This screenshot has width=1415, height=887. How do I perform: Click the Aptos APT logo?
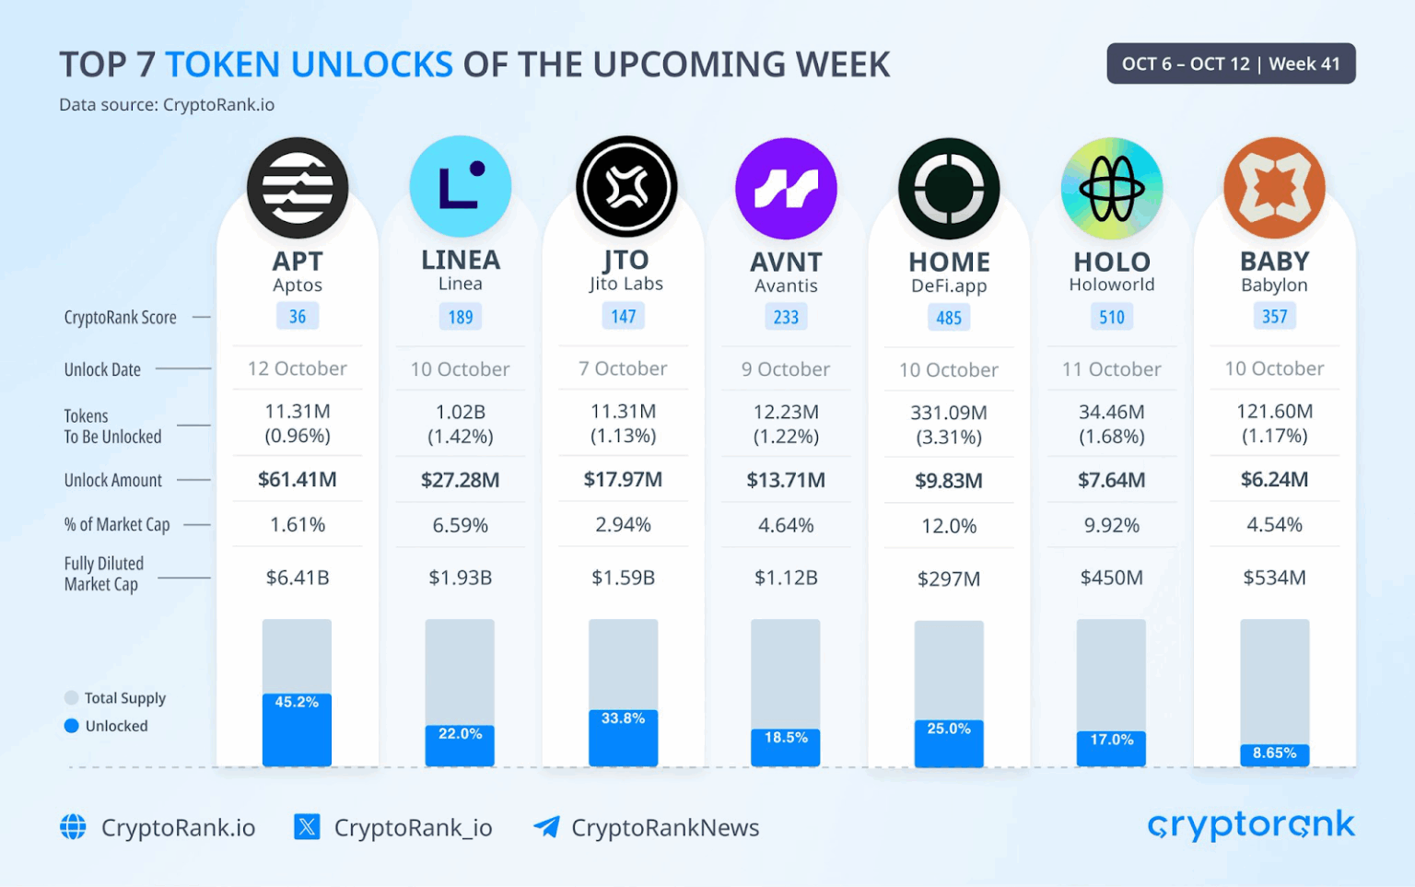pyautogui.click(x=298, y=188)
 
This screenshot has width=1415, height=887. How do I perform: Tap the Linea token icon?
pyautogui.click(x=461, y=186)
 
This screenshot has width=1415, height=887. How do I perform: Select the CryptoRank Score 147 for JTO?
pyautogui.click(x=624, y=317)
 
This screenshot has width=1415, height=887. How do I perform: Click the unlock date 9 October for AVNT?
pyautogui.click(x=786, y=369)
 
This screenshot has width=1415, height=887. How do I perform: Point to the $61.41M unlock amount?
pyautogui.click(x=298, y=480)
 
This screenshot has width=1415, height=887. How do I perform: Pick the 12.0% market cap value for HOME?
pyautogui.click(x=949, y=526)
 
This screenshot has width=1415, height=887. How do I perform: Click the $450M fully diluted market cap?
pyautogui.click(x=1112, y=578)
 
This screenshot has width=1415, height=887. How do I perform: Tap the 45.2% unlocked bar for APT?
pyautogui.click(x=297, y=729)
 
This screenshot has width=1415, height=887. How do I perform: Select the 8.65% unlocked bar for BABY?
pyautogui.click(x=1275, y=754)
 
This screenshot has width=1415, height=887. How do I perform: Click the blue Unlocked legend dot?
pyautogui.click(x=72, y=726)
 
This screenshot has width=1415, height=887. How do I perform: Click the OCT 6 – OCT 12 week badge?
pyautogui.click(x=1231, y=64)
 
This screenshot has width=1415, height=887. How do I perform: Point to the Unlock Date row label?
pyautogui.click(x=102, y=369)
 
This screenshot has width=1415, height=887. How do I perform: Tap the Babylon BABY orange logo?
pyautogui.click(x=1275, y=188)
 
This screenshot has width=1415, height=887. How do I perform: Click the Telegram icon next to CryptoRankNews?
pyautogui.click(x=546, y=827)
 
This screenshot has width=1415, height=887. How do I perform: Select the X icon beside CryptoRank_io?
pyautogui.click(x=307, y=827)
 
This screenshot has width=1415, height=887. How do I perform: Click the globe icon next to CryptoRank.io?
pyautogui.click(x=74, y=827)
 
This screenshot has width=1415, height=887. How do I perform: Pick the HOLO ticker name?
pyautogui.click(x=1112, y=262)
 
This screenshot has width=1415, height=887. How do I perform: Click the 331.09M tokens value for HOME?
pyautogui.click(x=949, y=413)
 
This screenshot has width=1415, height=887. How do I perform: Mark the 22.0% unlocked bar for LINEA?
pyautogui.click(x=460, y=745)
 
